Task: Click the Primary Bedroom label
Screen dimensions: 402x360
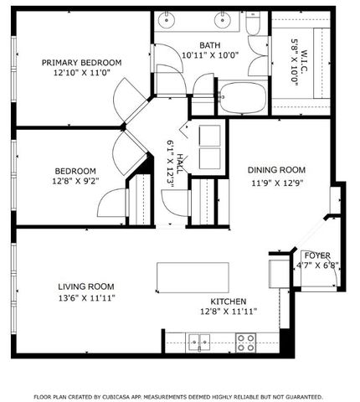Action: point(82,62)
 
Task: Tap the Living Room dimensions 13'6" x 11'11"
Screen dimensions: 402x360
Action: point(86,297)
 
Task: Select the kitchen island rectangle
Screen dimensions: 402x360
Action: point(193,276)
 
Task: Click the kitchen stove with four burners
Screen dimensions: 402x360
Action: point(245,342)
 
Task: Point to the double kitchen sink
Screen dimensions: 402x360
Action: point(199,341)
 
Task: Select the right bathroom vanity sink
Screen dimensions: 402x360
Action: point(224,21)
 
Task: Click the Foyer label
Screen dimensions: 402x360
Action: point(316,255)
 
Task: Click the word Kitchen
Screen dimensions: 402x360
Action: point(228,301)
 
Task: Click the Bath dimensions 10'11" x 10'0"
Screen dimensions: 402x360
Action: point(210,56)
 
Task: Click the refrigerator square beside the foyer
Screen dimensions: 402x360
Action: point(278,273)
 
